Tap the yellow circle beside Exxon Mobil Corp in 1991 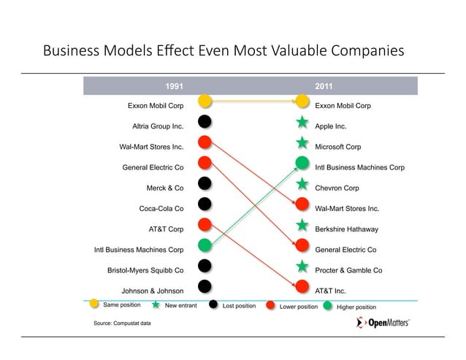(205, 101)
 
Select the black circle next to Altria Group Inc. (205, 122)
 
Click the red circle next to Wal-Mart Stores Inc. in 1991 (205, 142)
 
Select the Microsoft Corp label (337, 147)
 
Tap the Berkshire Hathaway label (346, 229)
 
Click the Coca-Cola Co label (161, 209)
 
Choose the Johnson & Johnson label (152, 291)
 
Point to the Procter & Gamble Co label (348, 270)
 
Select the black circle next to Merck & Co (205, 184)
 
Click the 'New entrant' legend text (180, 305)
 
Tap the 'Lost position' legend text (239, 305)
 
